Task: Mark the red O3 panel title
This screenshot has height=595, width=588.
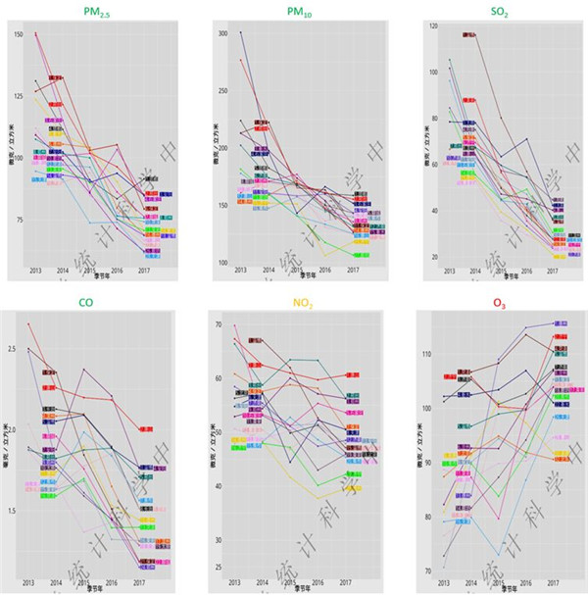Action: coord(500,304)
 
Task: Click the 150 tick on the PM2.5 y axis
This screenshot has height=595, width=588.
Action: coord(19,34)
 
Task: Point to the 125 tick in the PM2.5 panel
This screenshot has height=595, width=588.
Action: coord(19,96)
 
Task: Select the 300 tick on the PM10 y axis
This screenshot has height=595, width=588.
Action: coord(221,33)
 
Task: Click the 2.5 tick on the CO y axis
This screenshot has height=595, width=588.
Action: coord(13,348)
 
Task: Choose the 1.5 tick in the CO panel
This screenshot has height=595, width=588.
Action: coord(13,511)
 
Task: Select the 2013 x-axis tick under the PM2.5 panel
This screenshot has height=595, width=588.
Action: coord(35,271)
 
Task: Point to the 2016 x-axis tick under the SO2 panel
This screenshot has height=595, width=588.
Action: coord(526,271)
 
